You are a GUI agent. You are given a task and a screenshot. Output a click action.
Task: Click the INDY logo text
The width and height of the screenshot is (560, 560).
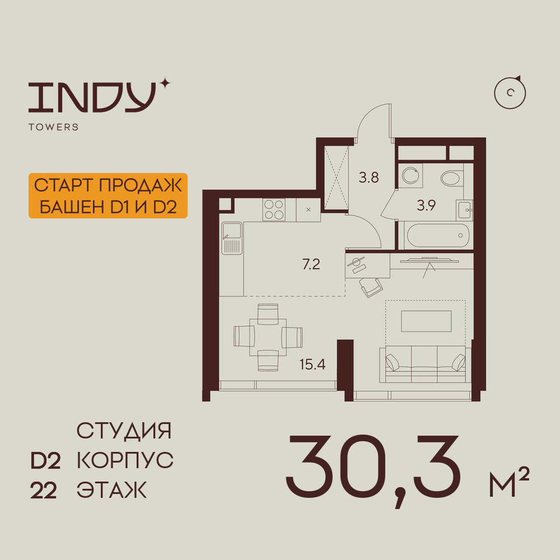[92, 97]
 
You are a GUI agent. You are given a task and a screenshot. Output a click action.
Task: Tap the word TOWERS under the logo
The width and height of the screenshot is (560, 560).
[54, 127]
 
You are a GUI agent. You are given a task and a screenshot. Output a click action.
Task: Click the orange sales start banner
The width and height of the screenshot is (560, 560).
[108, 195]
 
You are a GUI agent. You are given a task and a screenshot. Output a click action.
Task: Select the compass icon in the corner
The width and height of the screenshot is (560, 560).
[510, 93]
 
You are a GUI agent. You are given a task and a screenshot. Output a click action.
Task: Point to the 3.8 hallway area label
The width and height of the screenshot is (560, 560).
[368, 178]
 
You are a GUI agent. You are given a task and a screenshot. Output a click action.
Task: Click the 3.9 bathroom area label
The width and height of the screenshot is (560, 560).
[426, 206]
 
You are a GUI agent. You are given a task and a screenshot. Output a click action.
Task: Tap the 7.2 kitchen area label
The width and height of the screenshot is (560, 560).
[311, 264]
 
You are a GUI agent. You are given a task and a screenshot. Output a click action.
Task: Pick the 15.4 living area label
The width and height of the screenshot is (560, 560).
[312, 365]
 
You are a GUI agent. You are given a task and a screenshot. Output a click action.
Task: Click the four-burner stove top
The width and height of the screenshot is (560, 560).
[274, 209]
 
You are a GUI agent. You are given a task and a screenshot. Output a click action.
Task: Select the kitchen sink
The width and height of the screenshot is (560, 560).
[232, 238]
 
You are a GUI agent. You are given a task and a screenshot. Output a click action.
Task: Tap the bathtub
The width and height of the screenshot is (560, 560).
[437, 235]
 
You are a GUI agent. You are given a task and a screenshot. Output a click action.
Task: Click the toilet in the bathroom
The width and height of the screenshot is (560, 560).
[452, 178]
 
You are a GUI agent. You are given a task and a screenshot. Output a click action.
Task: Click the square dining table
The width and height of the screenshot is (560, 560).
[268, 337]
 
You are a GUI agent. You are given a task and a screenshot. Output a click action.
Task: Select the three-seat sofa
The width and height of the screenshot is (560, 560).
[424, 364]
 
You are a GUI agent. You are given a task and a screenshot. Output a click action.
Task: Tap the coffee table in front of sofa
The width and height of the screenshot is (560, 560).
[426, 321]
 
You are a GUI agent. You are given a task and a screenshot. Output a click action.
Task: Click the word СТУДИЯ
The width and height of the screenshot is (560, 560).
[124, 431]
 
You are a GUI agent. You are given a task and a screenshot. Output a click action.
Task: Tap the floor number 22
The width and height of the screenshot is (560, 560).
[44, 491]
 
